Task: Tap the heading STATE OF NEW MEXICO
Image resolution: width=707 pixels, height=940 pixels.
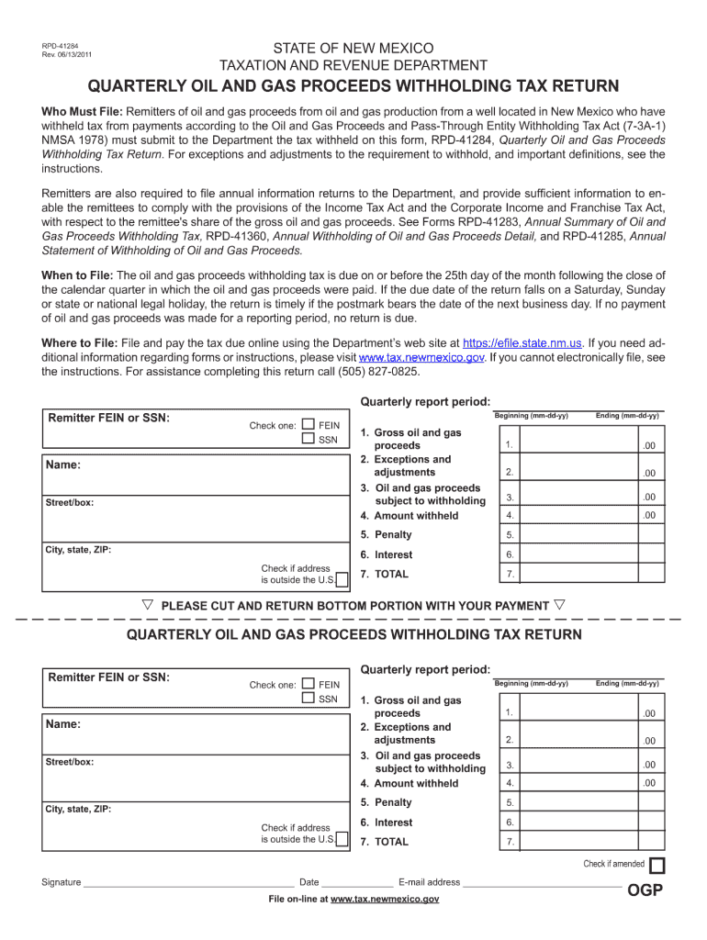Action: [x=353, y=48]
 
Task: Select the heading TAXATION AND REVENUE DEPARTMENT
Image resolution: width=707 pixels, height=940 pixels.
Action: [x=353, y=65]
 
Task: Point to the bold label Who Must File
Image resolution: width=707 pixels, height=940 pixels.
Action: [x=75, y=111]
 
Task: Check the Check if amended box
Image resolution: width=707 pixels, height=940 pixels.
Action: [x=657, y=866]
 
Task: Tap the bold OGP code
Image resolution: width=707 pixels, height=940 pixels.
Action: [x=645, y=890]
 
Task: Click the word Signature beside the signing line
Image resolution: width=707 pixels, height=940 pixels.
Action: [x=62, y=882]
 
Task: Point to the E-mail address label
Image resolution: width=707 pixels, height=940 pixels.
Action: [x=429, y=882]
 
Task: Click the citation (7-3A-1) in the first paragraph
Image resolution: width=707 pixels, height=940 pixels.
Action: [x=640, y=125]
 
